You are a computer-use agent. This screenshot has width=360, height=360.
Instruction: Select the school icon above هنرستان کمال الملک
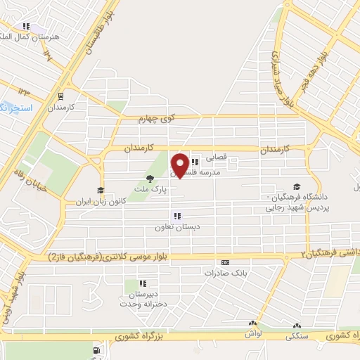[27, 26]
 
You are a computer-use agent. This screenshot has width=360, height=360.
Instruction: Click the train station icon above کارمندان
[60, 97]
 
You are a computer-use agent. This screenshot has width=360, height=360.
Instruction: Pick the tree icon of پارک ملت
[150, 179]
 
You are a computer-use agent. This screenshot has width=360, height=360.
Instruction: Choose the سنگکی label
[296, 337]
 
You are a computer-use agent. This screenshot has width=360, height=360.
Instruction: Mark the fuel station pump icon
[96, 349]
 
